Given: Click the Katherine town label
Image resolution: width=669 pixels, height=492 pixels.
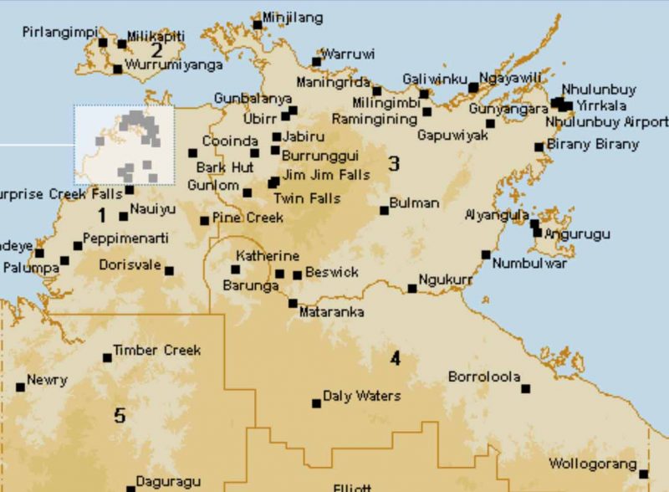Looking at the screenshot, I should [x=267, y=255].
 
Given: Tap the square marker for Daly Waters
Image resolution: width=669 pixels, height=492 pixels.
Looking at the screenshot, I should [x=316, y=403].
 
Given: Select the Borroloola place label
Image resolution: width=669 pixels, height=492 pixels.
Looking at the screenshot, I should [x=484, y=377].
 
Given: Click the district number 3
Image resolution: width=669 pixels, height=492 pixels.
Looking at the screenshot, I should [x=393, y=163].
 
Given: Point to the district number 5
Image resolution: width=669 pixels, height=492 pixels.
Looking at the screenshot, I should [x=120, y=415].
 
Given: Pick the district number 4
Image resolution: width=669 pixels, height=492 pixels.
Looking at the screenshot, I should [x=395, y=359].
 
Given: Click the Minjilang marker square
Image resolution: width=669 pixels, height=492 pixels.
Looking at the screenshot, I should [x=258, y=24].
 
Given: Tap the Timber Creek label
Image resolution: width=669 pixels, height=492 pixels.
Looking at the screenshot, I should [x=156, y=350].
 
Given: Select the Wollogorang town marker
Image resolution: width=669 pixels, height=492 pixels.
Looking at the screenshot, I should [x=643, y=474].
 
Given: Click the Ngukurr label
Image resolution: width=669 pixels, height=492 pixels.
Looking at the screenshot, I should [x=445, y=280].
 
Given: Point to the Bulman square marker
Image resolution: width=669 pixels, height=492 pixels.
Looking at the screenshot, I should [x=385, y=210].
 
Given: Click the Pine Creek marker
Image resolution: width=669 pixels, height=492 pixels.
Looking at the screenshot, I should [x=204, y=221].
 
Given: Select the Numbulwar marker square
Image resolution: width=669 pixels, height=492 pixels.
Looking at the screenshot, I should [x=485, y=254].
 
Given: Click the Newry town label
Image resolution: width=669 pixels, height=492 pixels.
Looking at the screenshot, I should [x=47, y=380].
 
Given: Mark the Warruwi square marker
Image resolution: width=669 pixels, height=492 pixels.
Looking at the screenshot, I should [x=316, y=61].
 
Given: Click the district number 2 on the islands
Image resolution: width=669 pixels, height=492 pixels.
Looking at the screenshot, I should [x=156, y=49].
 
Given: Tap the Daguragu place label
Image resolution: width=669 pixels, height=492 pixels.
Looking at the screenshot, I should [x=169, y=482].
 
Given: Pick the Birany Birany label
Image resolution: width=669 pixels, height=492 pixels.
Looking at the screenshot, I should [x=593, y=144].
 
